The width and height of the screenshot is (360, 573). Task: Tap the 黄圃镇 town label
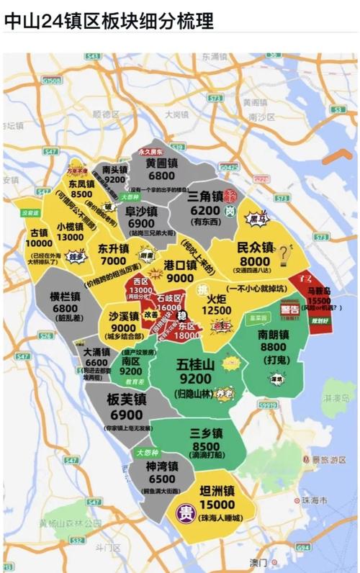[x=161, y=163]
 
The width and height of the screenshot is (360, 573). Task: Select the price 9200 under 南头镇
[x=115, y=179]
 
